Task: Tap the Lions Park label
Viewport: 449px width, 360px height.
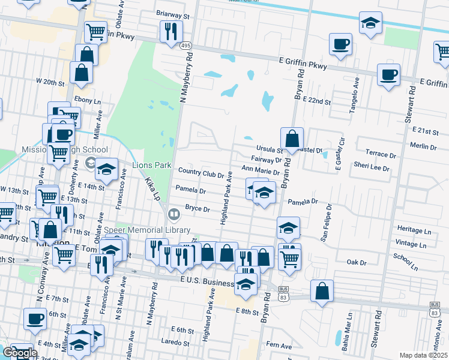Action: pos(149,165)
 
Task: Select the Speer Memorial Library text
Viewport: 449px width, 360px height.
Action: pos(147,230)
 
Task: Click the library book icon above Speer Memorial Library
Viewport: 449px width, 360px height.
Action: pos(173,214)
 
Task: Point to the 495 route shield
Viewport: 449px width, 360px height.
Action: pos(185,46)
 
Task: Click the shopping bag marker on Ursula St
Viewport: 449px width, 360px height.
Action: pos(292,138)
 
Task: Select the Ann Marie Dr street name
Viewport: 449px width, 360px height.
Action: pos(260,171)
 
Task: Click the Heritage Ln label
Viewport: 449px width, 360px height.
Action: pos(414,230)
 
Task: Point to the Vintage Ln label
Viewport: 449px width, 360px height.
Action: pos(412,245)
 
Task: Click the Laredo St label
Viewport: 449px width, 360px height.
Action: pos(175,341)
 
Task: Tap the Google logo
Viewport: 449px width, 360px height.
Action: pos(19,353)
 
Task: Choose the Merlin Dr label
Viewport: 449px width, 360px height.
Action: pos(424,146)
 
